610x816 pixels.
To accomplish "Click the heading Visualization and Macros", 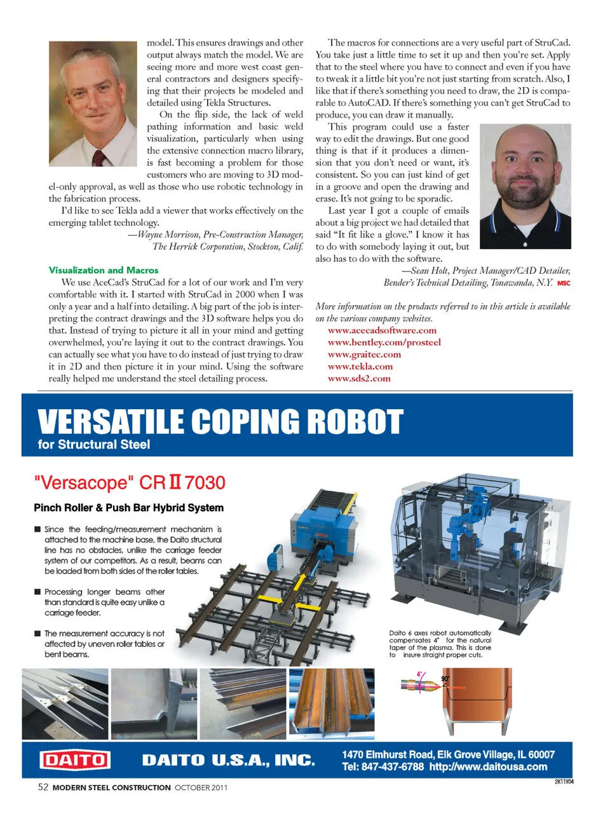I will (x=104, y=270).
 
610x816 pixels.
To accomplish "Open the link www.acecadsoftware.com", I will (x=382, y=330).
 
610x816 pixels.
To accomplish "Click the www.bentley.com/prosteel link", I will (x=384, y=342).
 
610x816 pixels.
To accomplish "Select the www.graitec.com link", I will (x=364, y=354).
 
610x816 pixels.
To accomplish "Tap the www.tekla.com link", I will (x=360, y=366).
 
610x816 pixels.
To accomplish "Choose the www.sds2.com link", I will (x=359, y=378).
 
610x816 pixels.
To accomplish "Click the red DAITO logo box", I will (x=74, y=760).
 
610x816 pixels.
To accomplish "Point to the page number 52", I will (x=43, y=787).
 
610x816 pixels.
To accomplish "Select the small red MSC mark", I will (x=564, y=283).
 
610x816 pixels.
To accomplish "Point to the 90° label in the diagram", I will (x=445, y=679).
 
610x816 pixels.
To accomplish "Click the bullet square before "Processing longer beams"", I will (x=37, y=592).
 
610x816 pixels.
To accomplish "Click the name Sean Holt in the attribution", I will (x=429, y=271).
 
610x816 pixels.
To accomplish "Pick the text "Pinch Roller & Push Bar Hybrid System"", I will (x=128, y=508).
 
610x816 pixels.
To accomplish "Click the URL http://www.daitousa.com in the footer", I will (x=488, y=767).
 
